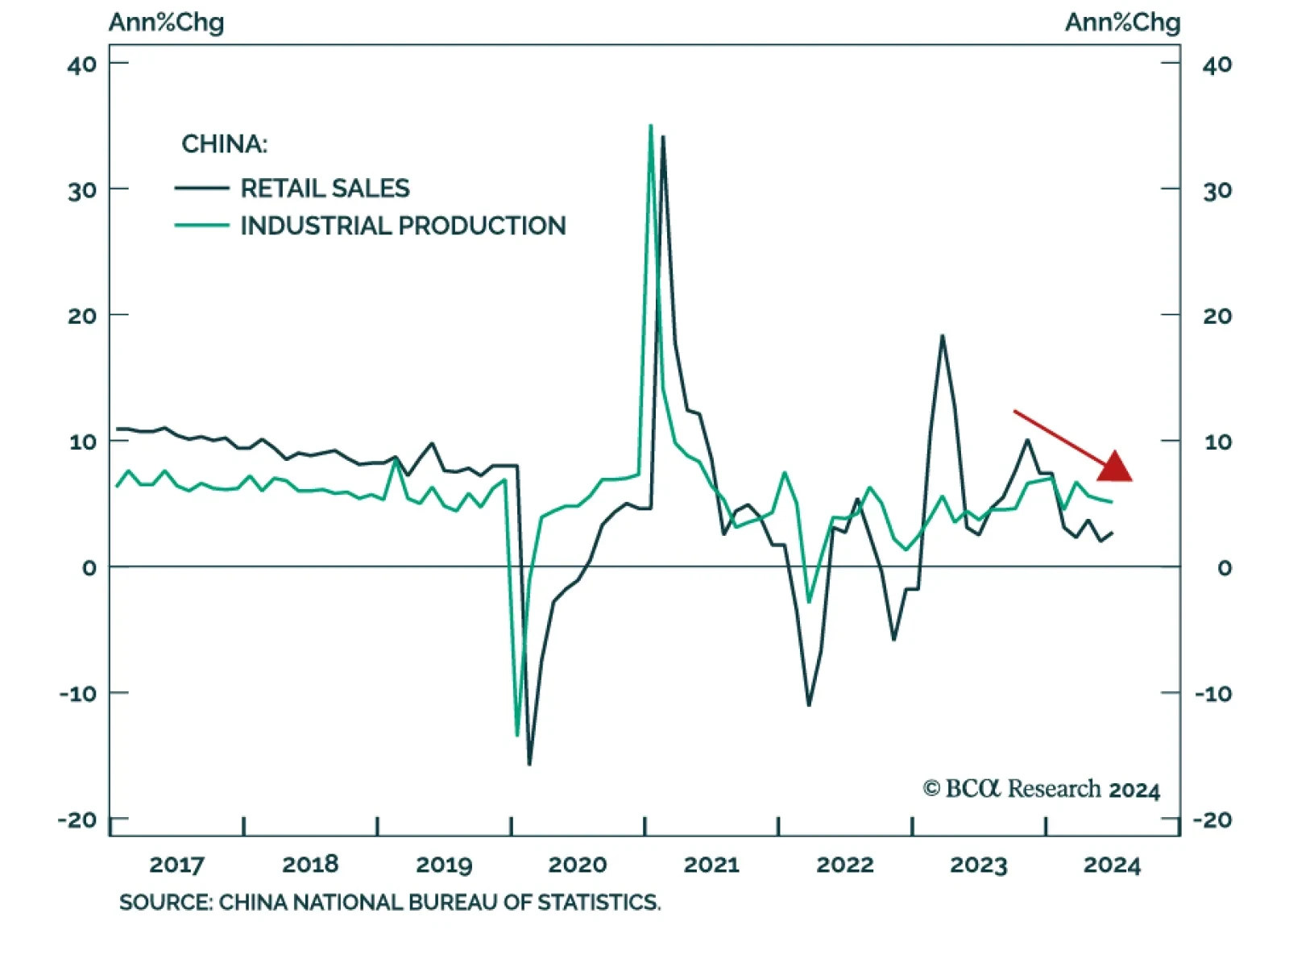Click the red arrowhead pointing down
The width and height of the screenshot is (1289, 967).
click(1116, 467)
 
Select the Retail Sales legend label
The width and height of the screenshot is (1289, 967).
click(325, 189)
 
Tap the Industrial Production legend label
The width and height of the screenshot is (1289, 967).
click(403, 226)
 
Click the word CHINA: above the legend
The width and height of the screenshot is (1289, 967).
click(224, 144)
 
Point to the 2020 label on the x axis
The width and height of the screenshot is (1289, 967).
click(577, 865)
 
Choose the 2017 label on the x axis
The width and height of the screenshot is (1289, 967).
click(176, 865)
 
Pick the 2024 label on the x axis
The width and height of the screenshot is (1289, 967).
click(1112, 865)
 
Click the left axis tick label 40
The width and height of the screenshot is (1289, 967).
click(82, 64)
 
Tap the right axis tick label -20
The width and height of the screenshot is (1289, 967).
click(1212, 820)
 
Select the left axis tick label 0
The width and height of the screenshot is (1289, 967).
click(89, 567)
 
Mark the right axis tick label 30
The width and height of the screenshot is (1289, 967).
click(1216, 191)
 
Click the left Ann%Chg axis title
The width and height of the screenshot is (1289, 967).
click(166, 22)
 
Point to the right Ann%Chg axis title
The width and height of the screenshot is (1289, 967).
click(1122, 22)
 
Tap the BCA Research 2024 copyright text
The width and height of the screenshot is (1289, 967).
click(1041, 789)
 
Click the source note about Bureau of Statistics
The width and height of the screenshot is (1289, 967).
click(390, 902)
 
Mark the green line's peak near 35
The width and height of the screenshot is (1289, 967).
click(650, 126)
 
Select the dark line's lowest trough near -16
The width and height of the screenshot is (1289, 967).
click(529, 763)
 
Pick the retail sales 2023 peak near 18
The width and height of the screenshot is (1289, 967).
click(942, 336)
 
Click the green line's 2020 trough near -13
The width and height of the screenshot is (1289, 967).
click(516, 734)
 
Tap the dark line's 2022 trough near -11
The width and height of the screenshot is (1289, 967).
click(808, 704)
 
